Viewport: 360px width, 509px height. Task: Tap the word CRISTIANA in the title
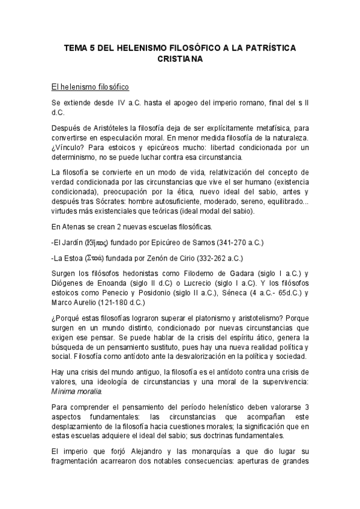pos(180,59)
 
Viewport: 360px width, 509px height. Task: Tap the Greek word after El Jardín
pos(96,242)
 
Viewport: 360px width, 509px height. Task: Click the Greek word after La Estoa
pos(95,258)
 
